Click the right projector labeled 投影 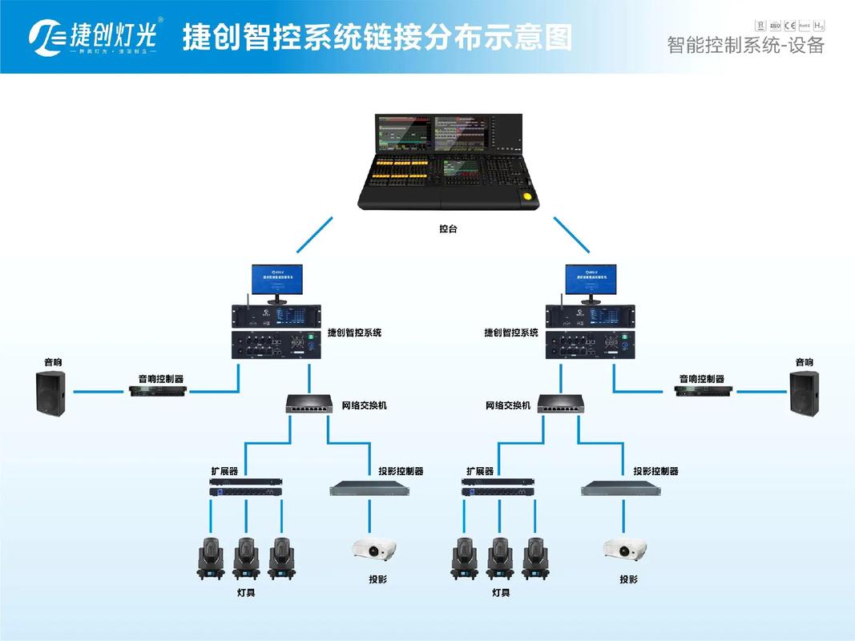click(626, 550)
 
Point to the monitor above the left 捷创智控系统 click(276, 282)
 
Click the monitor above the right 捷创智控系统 click(589, 282)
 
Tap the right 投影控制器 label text click(655, 471)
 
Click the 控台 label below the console click(449, 228)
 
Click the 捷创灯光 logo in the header click(96, 36)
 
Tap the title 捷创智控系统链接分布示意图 click(377, 37)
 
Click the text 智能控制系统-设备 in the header click(745, 45)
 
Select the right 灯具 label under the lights click(501, 593)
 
